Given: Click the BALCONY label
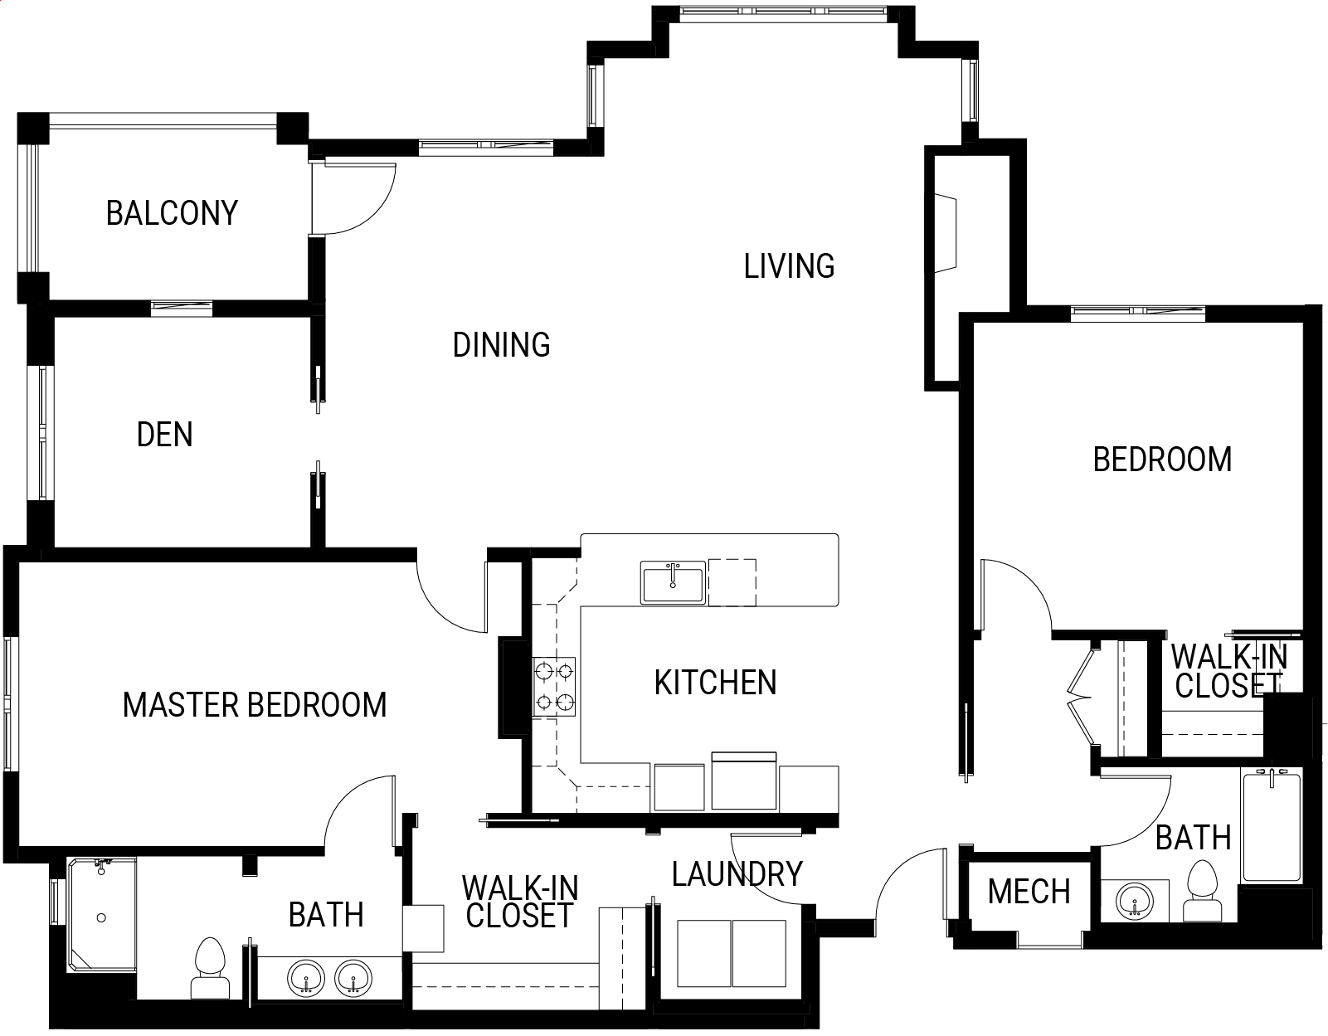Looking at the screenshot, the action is pyautogui.click(x=172, y=213).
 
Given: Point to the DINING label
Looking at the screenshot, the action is pyautogui.click(x=501, y=345).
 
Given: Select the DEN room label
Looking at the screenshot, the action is pyautogui.click(x=164, y=435).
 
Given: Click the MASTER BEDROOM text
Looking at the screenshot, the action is pyautogui.click(x=255, y=705).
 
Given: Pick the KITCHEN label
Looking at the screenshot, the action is pyautogui.click(x=715, y=683).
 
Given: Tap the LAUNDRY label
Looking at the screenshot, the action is pyautogui.click(x=737, y=874).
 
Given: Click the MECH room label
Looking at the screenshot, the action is pyautogui.click(x=1029, y=891).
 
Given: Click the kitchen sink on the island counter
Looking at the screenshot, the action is pyautogui.click(x=673, y=582).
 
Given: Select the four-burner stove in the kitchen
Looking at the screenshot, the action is pyautogui.click(x=554, y=687).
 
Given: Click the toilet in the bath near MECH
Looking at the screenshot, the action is pyautogui.click(x=1202, y=891).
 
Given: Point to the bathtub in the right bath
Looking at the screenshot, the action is pyautogui.click(x=1272, y=826).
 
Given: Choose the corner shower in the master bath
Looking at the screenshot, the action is pyautogui.click(x=101, y=914).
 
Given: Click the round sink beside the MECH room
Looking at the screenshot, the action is pyautogui.click(x=1135, y=901).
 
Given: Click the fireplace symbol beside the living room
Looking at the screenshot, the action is pyautogui.click(x=946, y=233).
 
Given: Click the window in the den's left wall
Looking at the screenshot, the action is pyautogui.click(x=42, y=433).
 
